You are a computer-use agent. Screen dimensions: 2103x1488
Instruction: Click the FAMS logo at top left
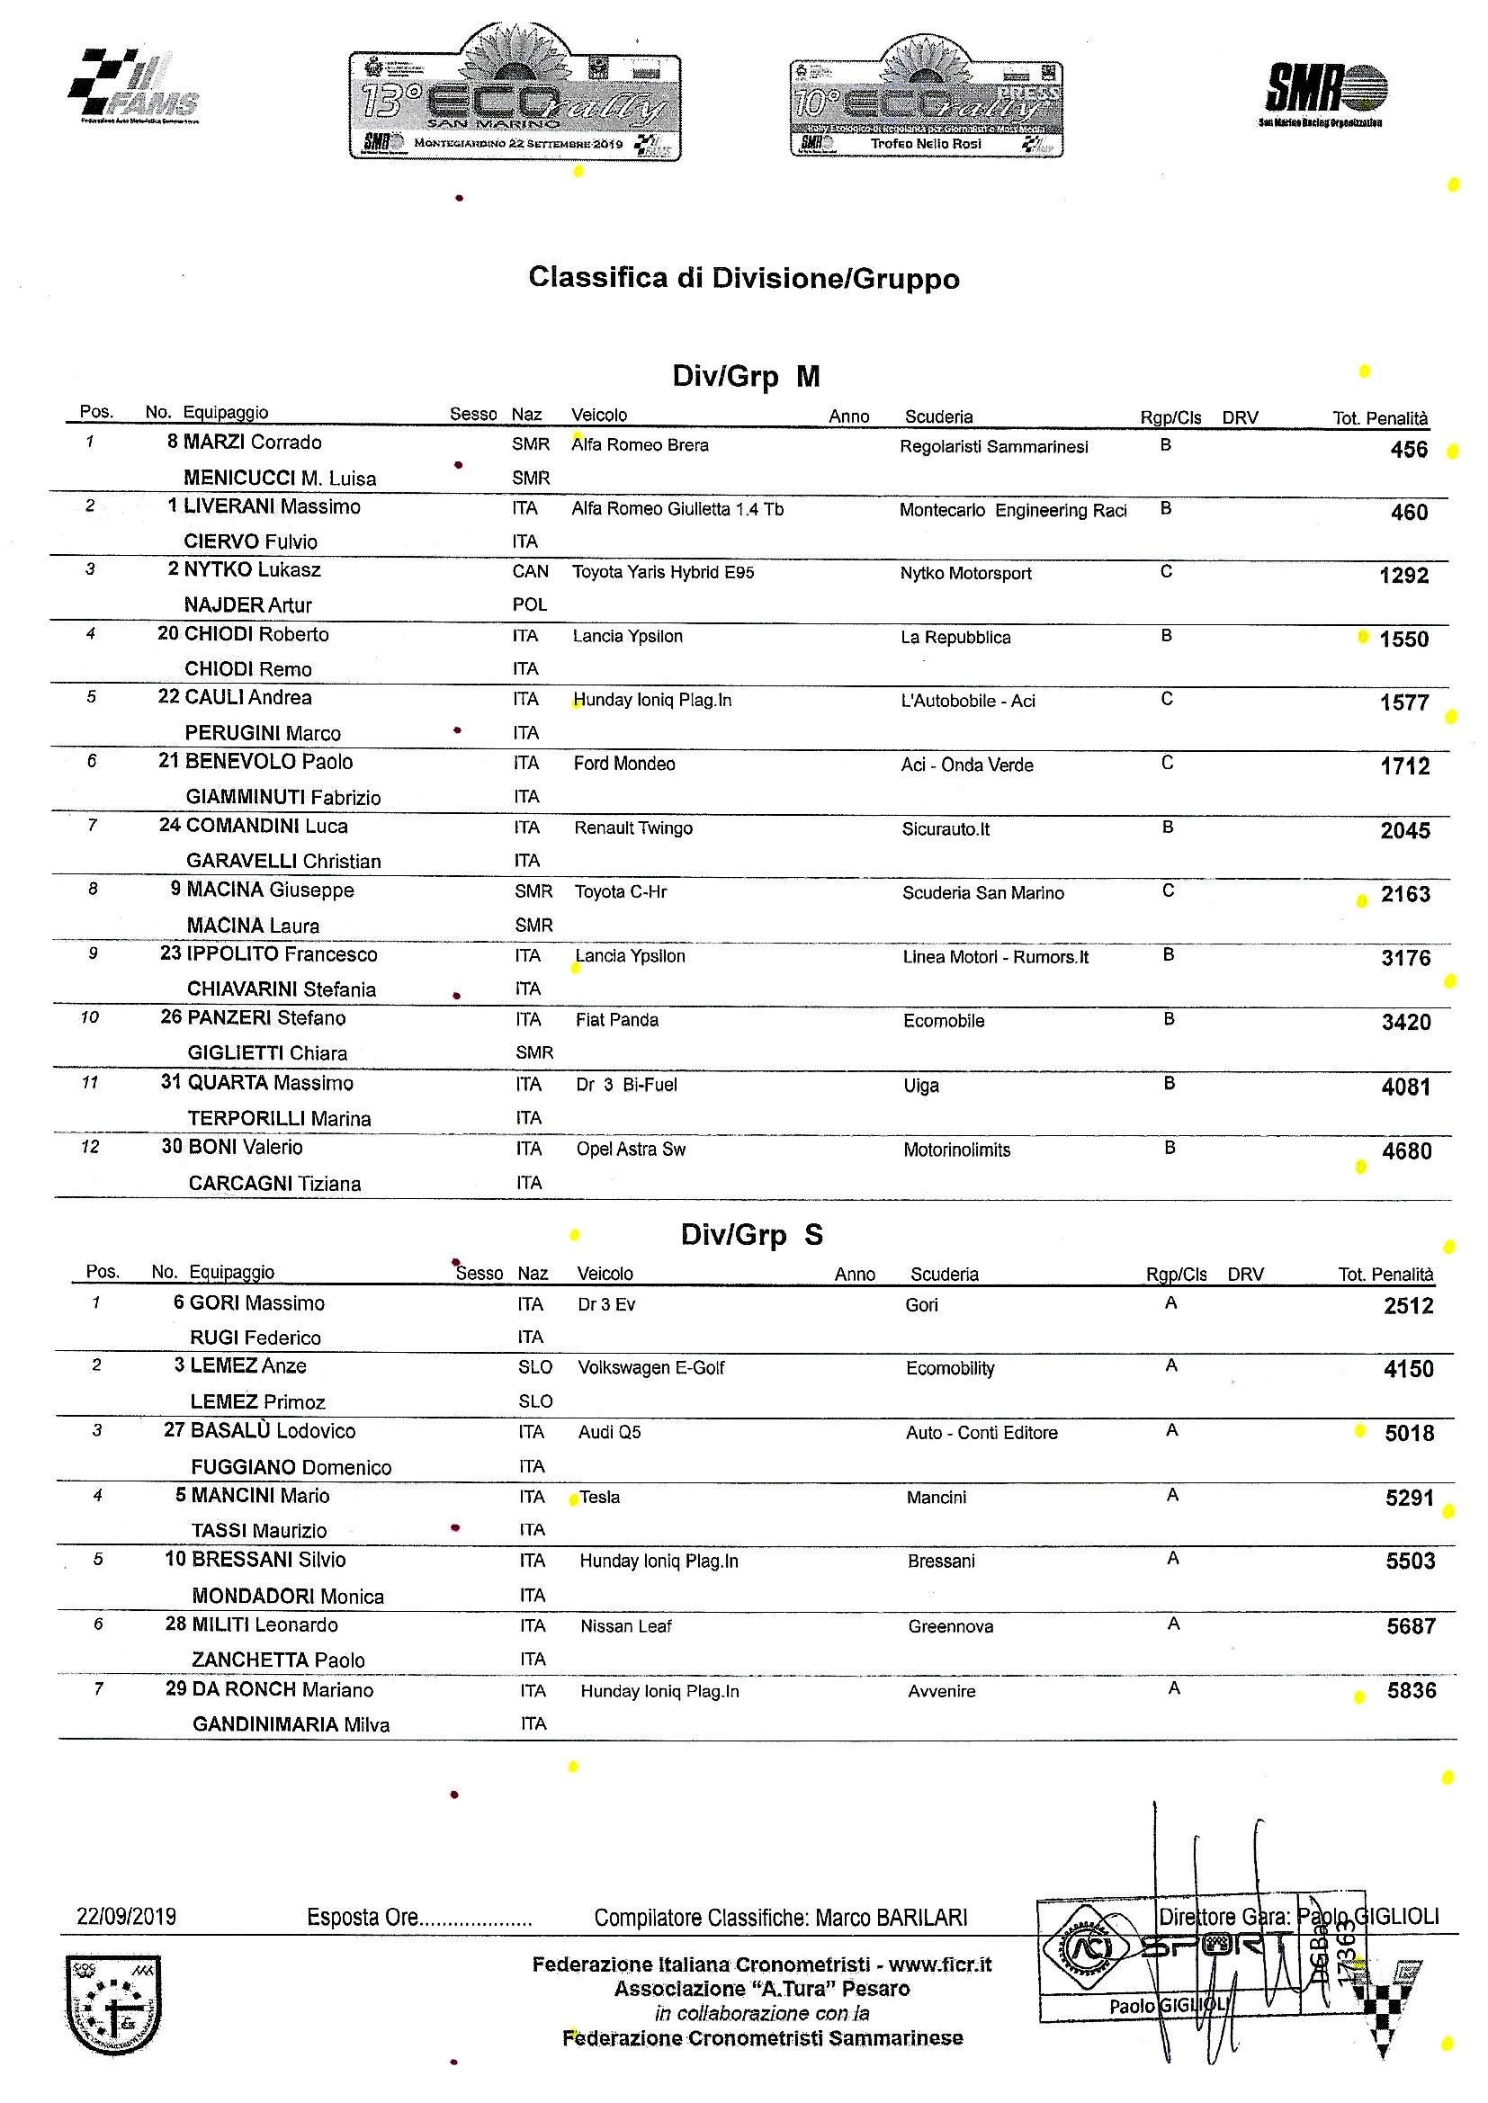[x=134, y=87]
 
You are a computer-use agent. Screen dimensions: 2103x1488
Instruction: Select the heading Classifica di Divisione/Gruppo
[x=743, y=279]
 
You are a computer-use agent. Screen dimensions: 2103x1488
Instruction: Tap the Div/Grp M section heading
[x=746, y=377]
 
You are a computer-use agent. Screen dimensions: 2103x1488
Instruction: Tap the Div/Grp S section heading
[x=751, y=1236]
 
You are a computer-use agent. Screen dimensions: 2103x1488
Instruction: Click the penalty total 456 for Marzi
[x=1408, y=450]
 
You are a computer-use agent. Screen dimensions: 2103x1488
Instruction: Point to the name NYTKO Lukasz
[x=252, y=569]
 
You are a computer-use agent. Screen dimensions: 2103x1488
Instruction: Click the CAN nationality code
[x=531, y=571]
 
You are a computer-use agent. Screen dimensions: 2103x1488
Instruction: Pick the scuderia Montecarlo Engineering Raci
[x=1012, y=510]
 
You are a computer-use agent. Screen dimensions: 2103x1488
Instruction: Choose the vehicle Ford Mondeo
[x=624, y=764]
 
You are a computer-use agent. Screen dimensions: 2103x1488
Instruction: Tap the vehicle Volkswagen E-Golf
[x=650, y=1368]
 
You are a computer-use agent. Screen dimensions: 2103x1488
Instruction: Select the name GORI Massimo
[x=256, y=1303]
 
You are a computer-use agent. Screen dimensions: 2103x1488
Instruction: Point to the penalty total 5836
[x=1411, y=1691]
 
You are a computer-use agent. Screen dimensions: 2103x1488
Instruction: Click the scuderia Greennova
[x=950, y=1626]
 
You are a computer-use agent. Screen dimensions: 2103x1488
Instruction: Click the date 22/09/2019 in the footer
[x=127, y=1917]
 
